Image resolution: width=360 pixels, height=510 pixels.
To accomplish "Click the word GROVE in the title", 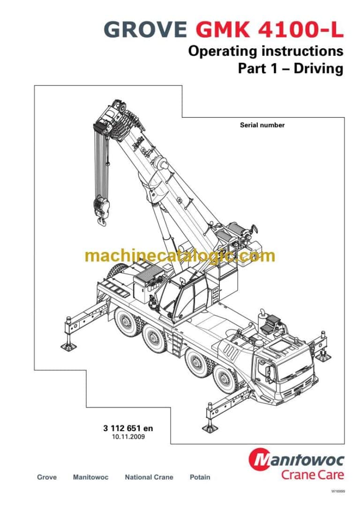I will (146, 30).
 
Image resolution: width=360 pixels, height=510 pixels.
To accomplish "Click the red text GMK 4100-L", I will (269, 30).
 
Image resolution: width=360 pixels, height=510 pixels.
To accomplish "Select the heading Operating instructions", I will (265, 51).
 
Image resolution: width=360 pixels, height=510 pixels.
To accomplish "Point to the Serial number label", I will (262, 125).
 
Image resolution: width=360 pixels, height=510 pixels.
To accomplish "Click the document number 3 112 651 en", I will (128, 428).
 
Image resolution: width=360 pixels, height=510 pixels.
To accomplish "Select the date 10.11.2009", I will (128, 437).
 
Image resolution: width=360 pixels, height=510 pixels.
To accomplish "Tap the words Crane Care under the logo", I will (312, 474).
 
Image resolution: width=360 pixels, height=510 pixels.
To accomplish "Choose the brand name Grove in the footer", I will (47, 477).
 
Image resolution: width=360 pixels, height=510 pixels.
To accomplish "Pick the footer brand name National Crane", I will (149, 477).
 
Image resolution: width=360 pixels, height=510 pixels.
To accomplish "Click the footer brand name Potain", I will (200, 477).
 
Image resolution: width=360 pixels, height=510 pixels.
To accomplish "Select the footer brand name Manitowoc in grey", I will (90, 477).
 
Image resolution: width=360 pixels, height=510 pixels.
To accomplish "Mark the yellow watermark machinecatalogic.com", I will (180, 256).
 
